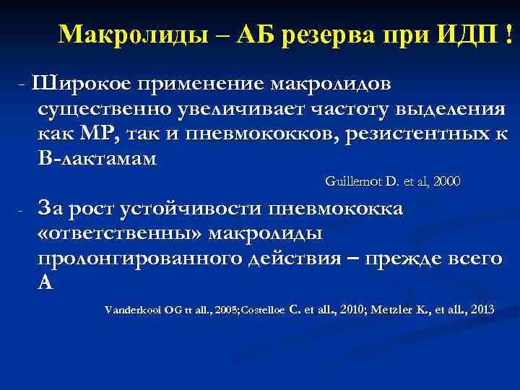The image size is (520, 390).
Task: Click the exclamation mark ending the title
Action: [x=513, y=34]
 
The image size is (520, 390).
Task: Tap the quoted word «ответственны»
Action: [x=113, y=233]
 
